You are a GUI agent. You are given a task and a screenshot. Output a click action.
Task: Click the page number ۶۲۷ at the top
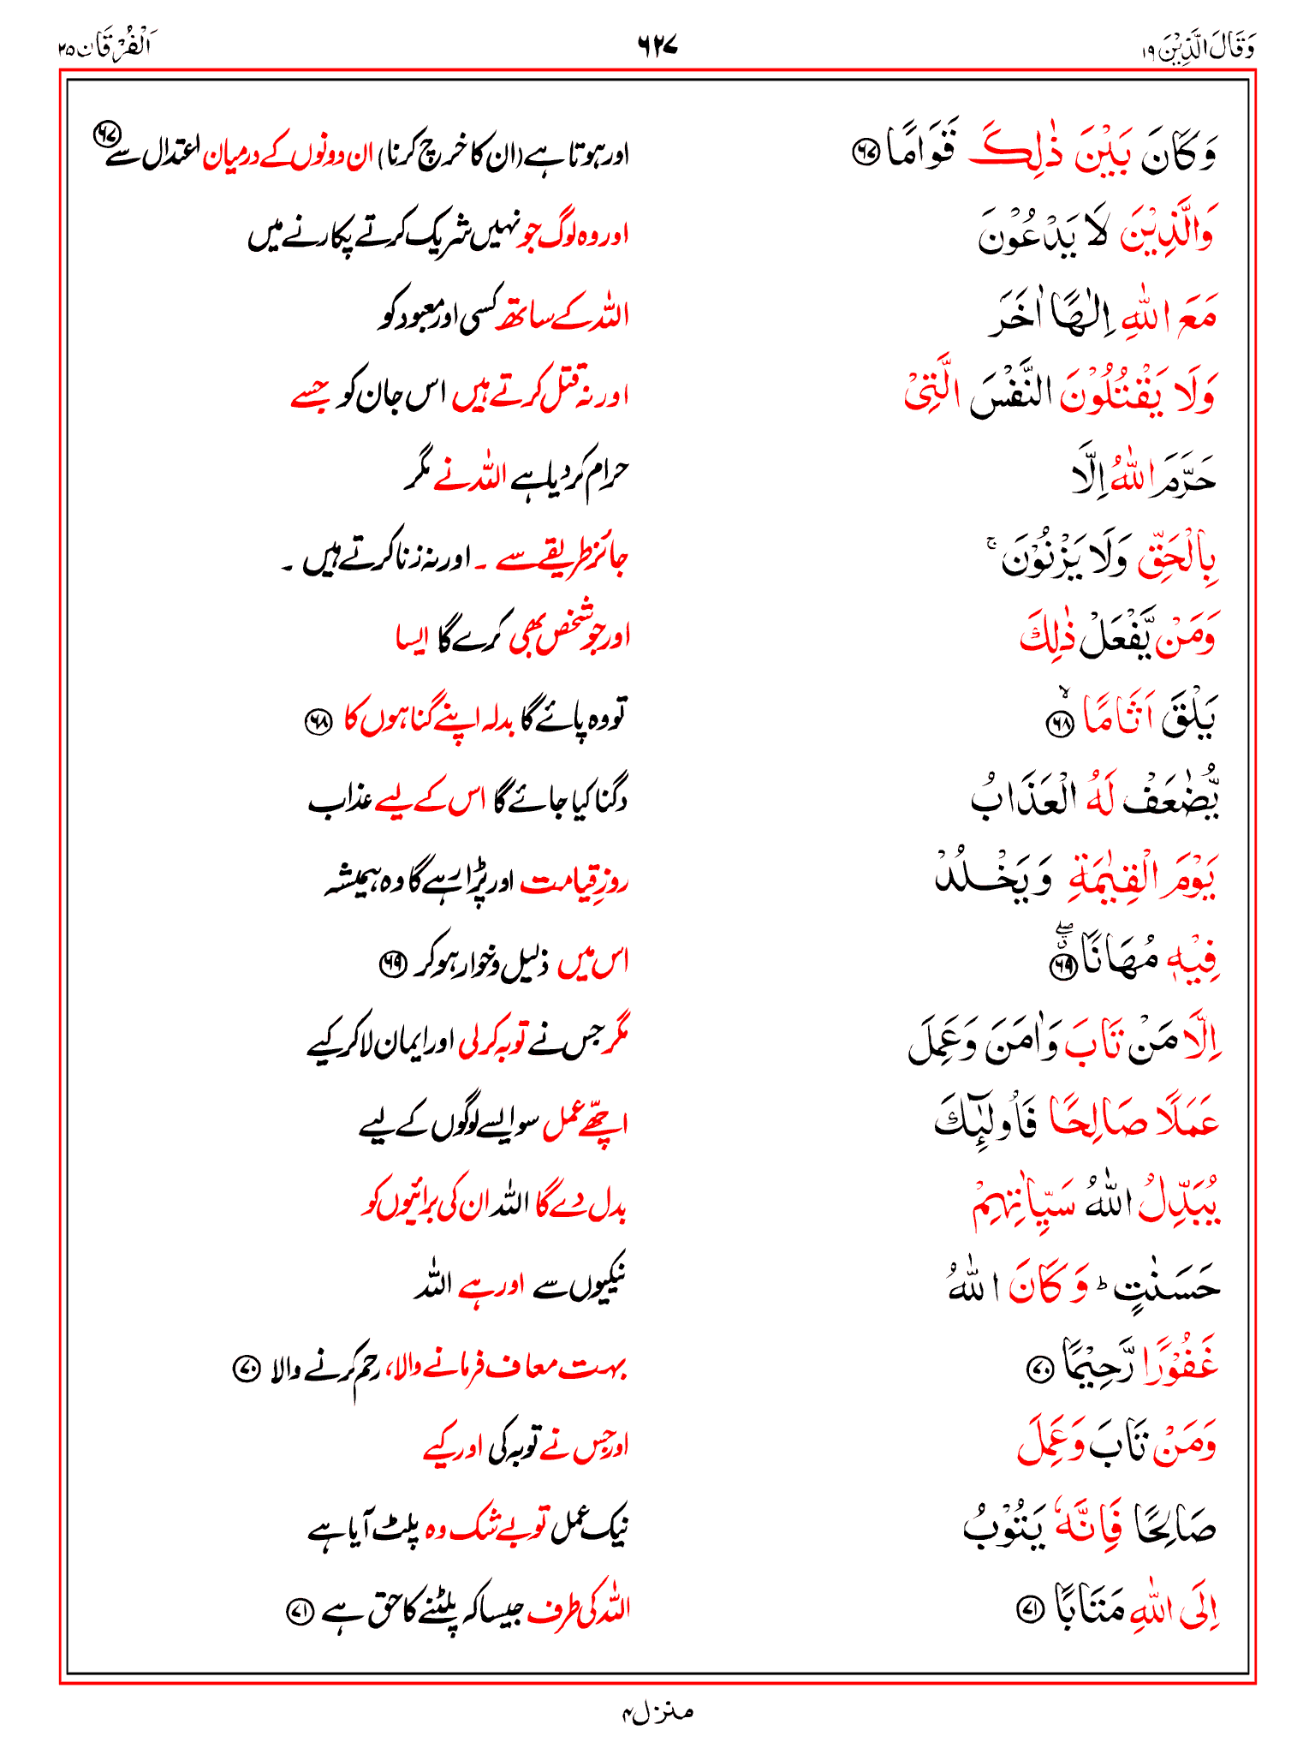coord(657,45)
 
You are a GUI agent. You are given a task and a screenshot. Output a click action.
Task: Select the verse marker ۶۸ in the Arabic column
coord(1061,725)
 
